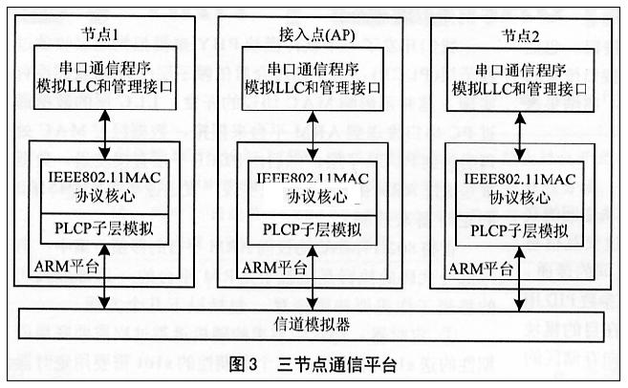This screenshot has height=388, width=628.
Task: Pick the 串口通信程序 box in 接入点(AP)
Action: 313,78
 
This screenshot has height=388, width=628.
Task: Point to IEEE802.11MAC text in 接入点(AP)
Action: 312,176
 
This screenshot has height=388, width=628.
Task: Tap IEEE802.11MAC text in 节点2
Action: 521,176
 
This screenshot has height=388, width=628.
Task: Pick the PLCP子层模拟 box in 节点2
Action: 521,230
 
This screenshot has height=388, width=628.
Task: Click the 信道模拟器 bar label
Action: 312,322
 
